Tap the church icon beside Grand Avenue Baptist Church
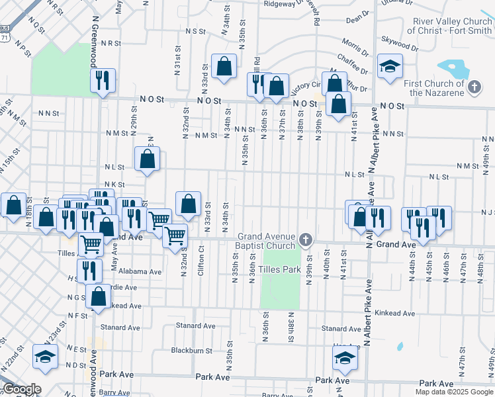305,238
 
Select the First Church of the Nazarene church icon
474,87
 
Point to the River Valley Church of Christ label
449,26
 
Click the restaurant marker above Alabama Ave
89,270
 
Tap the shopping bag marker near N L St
147,159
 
